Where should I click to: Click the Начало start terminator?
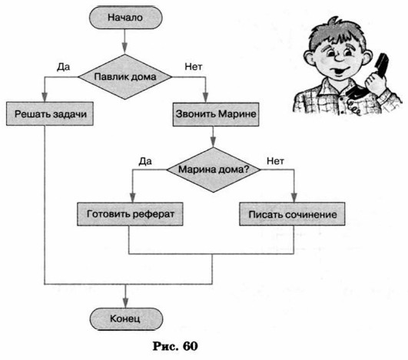click(x=126, y=18)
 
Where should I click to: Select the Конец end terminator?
click(x=126, y=319)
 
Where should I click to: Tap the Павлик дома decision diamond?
click(x=125, y=77)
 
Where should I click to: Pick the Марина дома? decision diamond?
click(x=214, y=170)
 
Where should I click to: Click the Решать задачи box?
click(x=50, y=114)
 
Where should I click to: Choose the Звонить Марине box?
click(x=216, y=114)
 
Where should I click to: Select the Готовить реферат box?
click(x=130, y=214)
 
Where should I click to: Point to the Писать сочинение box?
click(x=292, y=214)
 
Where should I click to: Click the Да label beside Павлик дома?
click(x=64, y=67)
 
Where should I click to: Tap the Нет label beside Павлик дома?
click(x=194, y=67)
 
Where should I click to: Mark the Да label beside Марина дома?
click(x=145, y=161)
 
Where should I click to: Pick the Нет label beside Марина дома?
click(x=275, y=161)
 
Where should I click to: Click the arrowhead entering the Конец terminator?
click(x=126, y=303)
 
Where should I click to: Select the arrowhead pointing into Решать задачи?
click(x=45, y=97)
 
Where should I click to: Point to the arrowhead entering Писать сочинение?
click(x=294, y=197)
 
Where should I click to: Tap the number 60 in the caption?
click(x=191, y=346)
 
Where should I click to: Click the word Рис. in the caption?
click(x=165, y=346)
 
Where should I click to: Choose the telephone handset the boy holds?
click(x=371, y=78)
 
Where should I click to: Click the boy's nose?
click(x=340, y=58)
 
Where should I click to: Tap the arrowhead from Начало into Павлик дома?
click(x=125, y=48)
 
